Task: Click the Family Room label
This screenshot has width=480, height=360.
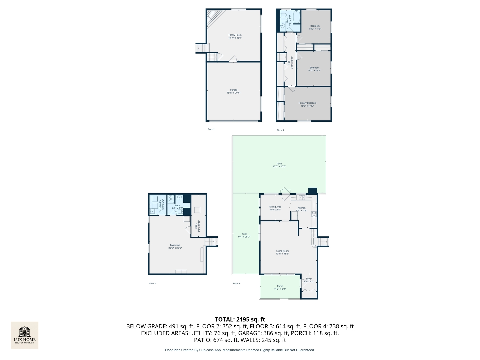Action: point(235,35)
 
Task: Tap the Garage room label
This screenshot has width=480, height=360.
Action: point(234,90)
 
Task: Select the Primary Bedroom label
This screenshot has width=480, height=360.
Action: point(307,103)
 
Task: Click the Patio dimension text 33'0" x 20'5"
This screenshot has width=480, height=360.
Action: point(279,166)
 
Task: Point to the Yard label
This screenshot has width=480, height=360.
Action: point(244,234)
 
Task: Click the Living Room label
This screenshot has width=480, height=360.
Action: point(282,251)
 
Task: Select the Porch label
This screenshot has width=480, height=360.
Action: point(280,286)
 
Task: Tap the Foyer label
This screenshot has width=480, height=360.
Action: point(309,279)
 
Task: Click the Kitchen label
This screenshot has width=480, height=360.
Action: point(301,208)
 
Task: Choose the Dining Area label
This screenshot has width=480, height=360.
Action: point(275,207)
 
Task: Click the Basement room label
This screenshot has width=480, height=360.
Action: point(175,245)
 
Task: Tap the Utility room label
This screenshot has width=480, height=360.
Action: point(196,226)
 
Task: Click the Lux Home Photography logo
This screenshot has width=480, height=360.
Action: point(25,335)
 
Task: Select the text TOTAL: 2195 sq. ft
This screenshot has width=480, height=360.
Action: point(240,319)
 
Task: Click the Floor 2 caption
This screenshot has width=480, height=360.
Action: point(211,129)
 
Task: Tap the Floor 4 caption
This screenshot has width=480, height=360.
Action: point(280,130)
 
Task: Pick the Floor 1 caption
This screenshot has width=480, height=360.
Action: point(153,284)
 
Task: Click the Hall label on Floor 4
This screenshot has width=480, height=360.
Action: point(289,62)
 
